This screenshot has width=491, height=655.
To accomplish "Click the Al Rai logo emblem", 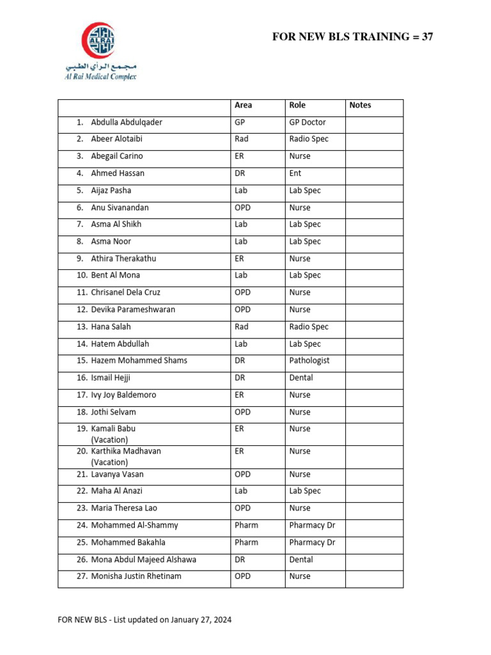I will tap(98, 40).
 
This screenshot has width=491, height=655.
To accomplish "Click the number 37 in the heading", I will tap(427, 37).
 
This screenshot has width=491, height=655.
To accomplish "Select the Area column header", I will tap(243, 106).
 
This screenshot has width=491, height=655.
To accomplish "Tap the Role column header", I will tap(297, 106).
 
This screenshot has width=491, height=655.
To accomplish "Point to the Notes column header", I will tap(360, 106).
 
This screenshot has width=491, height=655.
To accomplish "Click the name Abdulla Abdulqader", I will tap(127, 122).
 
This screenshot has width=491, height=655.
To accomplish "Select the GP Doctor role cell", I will tap(308, 122).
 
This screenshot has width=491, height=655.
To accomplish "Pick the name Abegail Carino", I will tap(117, 156).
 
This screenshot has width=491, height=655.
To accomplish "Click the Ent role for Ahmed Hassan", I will tap(295, 173).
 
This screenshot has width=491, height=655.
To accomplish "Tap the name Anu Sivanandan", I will tap(120, 208).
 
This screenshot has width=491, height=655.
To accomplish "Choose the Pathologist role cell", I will tap(309, 361).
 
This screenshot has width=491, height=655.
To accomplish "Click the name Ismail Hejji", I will tap(111, 378).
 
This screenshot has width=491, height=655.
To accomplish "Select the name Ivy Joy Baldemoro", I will tap(123, 395).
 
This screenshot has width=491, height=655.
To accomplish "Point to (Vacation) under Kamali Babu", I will tap(109, 440).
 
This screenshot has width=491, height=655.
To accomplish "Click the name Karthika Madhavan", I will tap(126, 451).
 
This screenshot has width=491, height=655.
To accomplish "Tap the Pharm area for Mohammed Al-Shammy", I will tap(246, 525).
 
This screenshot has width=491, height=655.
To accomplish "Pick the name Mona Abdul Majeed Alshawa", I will tap(144, 560).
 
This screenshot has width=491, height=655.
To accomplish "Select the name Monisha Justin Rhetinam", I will tap(136, 576).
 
